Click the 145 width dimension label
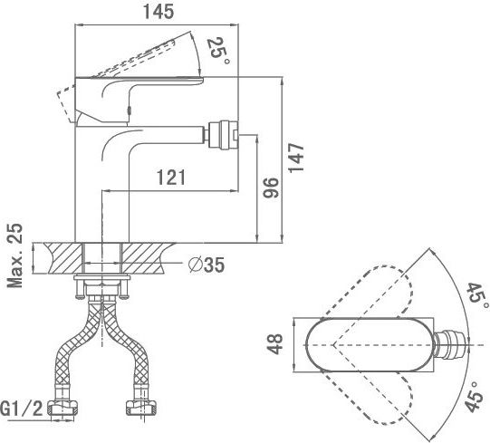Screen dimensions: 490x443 tap(159, 12)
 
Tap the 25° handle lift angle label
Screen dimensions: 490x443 tap(219, 51)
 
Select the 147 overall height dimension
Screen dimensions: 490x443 tap(296, 158)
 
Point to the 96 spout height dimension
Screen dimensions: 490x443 tap(270, 188)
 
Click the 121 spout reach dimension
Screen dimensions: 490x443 tap(171, 178)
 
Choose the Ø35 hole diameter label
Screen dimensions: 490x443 tap(207, 265)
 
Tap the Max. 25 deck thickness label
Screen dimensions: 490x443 tap(15, 255)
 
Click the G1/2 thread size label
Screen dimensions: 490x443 tap(22, 409)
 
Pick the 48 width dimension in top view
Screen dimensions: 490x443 tap(275, 344)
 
